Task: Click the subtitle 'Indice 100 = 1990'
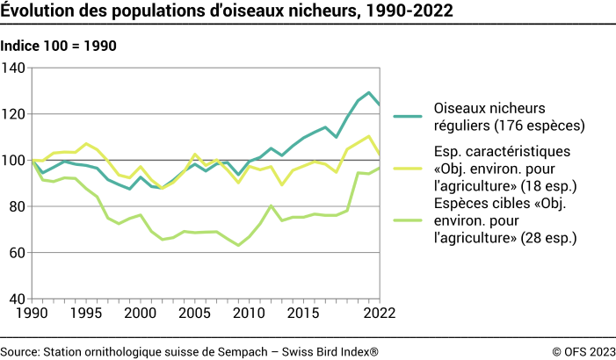(x=59, y=46)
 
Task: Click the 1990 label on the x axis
(x=33, y=313)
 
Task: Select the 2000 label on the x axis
(x=141, y=313)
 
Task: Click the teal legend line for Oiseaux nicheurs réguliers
(x=408, y=116)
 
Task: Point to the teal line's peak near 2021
(x=369, y=92)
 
